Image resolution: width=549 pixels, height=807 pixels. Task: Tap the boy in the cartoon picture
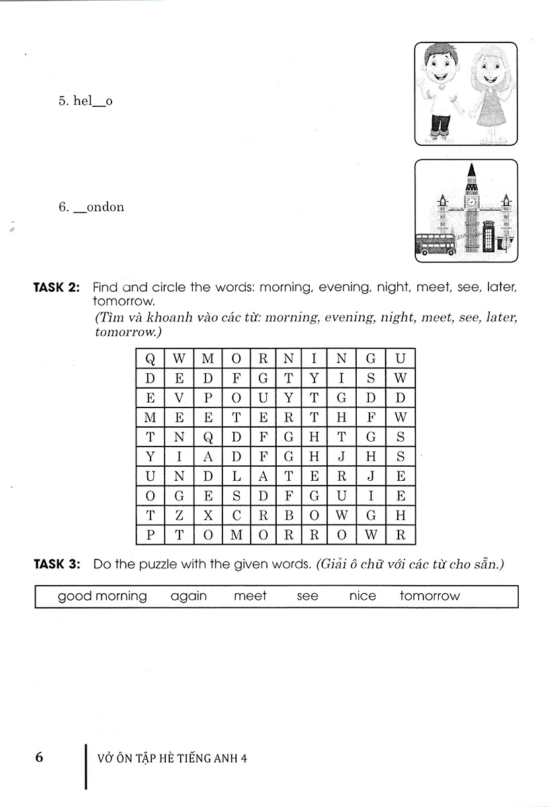click(x=441, y=91)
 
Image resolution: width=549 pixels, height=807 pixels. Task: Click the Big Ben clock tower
click(x=471, y=205)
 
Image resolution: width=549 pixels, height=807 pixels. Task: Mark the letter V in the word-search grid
click(x=179, y=397)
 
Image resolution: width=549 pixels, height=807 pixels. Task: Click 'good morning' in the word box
click(x=102, y=597)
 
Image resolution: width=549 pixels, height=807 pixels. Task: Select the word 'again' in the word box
click(x=189, y=596)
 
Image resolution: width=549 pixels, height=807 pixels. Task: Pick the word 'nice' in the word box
click(x=363, y=596)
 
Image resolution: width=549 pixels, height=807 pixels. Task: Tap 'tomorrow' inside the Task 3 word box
click(x=429, y=596)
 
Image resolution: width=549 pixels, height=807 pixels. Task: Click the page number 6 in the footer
click(x=39, y=757)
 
